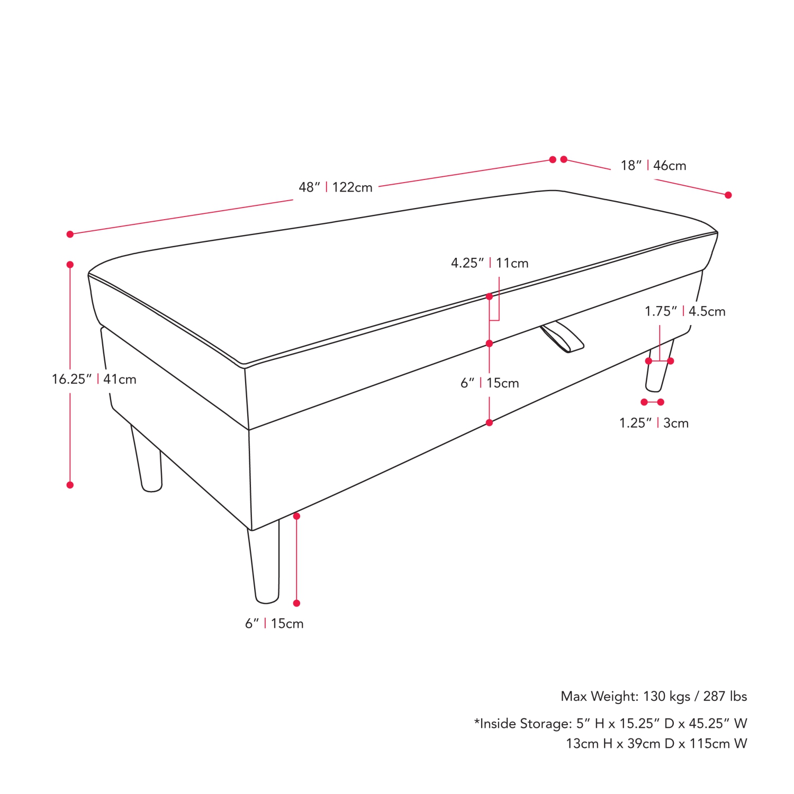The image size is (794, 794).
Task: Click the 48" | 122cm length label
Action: point(336,187)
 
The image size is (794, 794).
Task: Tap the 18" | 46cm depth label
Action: point(653,166)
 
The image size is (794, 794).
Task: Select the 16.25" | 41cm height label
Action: point(94,379)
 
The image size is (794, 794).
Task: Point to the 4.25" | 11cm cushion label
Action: point(490,263)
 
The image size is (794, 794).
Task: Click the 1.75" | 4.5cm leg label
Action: point(685,311)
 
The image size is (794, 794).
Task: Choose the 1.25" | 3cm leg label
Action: point(654,423)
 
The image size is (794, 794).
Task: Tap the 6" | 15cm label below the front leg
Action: point(274,624)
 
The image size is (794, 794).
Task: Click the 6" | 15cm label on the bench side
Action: point(490,383)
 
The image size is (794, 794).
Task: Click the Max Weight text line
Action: point(654,696)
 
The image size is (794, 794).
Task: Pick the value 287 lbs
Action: point(725,696)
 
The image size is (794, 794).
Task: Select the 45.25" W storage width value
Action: point(718,724)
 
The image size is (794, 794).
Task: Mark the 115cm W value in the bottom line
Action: point(718,744)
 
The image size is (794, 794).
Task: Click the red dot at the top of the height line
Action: point(70,265)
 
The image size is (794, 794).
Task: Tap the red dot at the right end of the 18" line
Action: point(728,195)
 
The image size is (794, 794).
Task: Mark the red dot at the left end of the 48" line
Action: point(70,234)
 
